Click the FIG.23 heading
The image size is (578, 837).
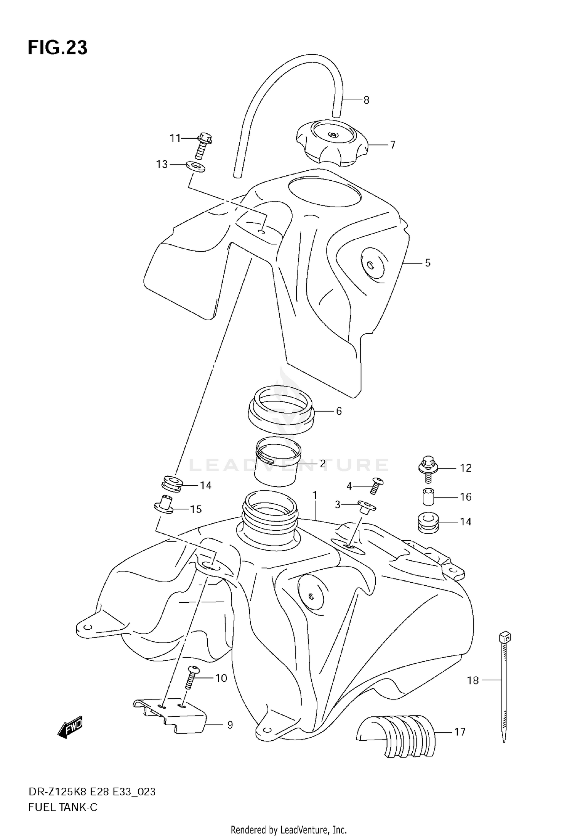[57, 48]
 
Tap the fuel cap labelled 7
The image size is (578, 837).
[333, 144]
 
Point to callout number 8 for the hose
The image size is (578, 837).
[366, 100]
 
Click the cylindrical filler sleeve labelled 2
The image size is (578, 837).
[277, 461]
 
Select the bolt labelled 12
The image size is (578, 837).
[427, 469]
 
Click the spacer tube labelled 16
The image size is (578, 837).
[427, 497]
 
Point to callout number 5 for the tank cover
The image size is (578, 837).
[427, 263]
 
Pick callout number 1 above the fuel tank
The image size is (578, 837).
[315, 496]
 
